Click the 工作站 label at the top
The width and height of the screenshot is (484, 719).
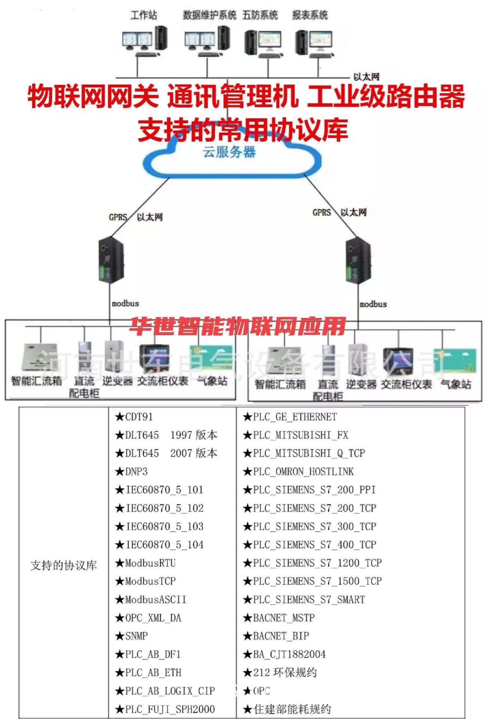coord(143,15)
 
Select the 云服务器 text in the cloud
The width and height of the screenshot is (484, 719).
coord(229,152)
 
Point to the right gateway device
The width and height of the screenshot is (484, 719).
coord(357,260)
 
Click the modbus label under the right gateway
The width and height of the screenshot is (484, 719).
coord(373,304)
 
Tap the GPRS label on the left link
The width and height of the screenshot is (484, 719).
coord(118,217)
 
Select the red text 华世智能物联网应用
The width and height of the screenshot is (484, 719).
coord(237,327)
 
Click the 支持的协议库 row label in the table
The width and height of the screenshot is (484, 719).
coord(64,565)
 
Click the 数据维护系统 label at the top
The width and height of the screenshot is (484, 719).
coord(209,15)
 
